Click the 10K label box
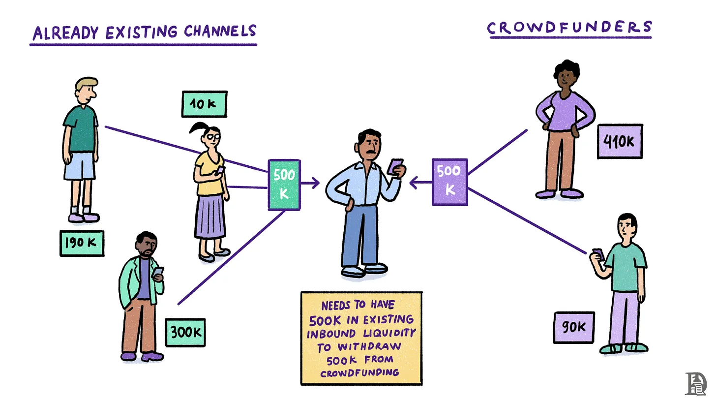[x=204, y=104]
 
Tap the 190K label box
[x=82, y=243]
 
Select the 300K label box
[x=185, y=333]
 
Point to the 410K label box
[x=620, y=142]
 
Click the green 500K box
[x=284, y=185]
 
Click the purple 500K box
[x=449, y=182]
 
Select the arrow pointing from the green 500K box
[x=310, y=184]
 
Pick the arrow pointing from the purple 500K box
[x=420, y=184]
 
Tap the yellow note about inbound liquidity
[x=361, y=338]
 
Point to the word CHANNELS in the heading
[x=220, y=31]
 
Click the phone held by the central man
[x=395, y=166]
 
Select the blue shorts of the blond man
[x=79, y=166]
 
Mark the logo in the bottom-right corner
[x=695, y=383]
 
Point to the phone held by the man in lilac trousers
[x=598, y=254]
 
